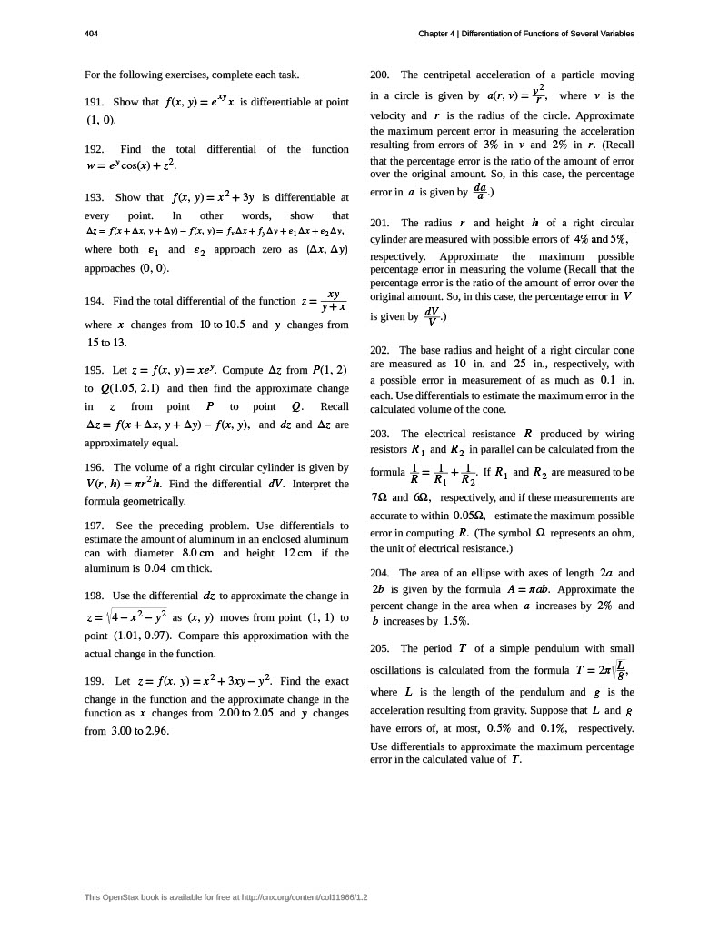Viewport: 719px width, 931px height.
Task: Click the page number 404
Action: [x=90, y=34]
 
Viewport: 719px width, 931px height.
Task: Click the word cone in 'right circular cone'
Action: [x=619, y=349]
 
